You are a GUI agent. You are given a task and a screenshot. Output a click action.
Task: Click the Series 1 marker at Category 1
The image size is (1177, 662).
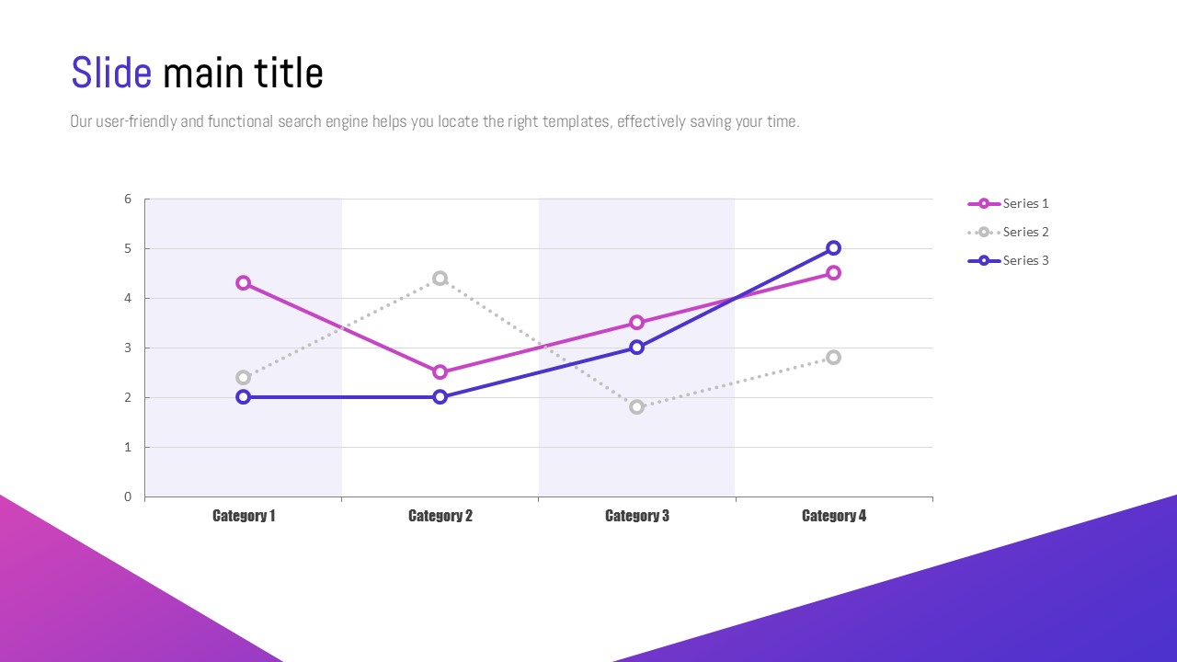point(243,283)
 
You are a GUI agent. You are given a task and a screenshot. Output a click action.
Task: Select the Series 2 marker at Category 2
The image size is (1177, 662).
point(440,279)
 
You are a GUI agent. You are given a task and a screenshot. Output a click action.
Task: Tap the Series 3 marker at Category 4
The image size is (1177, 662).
point(833,248)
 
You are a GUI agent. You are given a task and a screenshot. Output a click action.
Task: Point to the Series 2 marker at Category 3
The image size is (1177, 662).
point(636,407)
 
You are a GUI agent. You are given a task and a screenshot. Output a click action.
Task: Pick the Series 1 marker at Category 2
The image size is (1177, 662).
point(440,372)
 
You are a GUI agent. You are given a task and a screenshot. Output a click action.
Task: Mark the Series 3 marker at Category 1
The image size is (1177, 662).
point(243,397)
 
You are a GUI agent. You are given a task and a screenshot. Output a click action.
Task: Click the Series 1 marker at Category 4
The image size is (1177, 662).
point(833,273)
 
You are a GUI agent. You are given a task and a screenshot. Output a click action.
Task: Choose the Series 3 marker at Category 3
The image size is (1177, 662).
point(636,348)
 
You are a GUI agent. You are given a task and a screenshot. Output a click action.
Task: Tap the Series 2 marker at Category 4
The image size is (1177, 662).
point(833,358)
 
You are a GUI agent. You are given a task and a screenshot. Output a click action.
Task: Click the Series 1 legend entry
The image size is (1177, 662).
point(1009,203)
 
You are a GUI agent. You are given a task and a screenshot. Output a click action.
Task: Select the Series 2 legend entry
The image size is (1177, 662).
point(1009,232)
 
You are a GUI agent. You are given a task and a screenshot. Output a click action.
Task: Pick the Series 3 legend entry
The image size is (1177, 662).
point(1009,260)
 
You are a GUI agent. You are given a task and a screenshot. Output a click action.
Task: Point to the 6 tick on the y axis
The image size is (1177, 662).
point(128,199)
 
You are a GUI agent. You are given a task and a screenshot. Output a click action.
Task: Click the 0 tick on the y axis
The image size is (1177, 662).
point(128,496)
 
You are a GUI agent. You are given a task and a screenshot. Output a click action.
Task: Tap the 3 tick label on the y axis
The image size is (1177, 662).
point(128,348)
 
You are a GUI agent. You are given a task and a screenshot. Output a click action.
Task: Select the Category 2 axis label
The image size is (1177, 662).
point(440,516)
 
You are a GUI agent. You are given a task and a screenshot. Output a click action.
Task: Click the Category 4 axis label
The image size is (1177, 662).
point(834,516)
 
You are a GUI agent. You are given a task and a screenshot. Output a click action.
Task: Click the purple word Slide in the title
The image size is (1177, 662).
point(111,74)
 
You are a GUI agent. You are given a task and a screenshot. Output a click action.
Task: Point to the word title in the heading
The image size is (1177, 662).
point(289,74)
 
